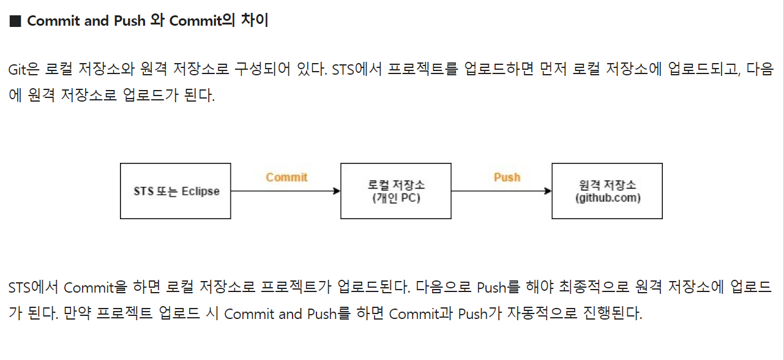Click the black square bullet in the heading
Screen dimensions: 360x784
pos(15,21)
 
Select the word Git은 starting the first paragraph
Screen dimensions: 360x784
pos(24,69)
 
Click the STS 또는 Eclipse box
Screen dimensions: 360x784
pos(176,191)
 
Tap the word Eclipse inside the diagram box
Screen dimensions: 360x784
pos(200,192)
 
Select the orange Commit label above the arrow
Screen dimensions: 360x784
pos(286,178)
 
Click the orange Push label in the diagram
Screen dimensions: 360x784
pos(507,178)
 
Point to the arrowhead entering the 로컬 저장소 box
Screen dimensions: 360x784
pos(336,191)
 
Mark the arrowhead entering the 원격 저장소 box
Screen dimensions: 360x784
pos(548,191)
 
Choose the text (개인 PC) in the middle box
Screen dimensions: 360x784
pos(396,198)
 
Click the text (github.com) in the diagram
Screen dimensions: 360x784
pos(607,198)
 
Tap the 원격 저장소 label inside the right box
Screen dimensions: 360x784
pos(607,185)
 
